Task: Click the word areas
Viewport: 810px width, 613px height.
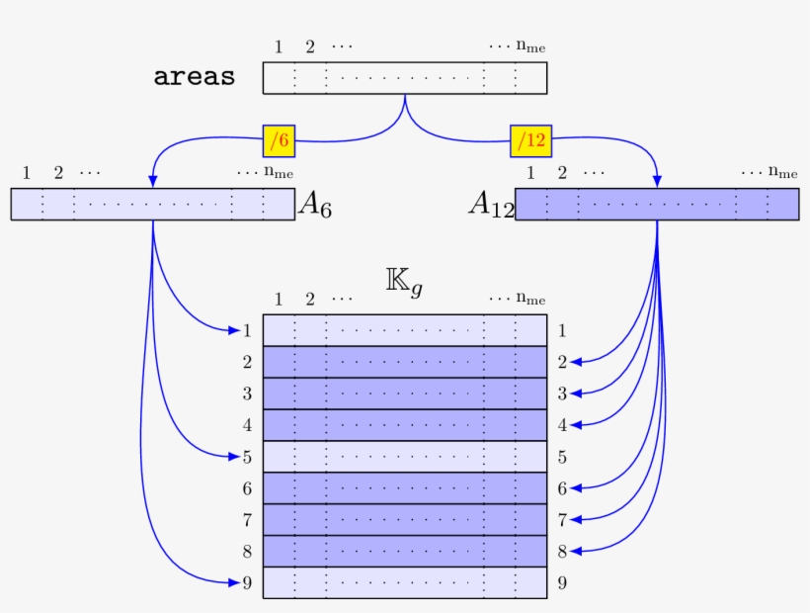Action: point(195,77)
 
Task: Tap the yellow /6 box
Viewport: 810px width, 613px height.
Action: point(279,140)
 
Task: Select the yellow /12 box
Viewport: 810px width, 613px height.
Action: point(530,140)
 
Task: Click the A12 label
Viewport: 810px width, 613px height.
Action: point(491,204)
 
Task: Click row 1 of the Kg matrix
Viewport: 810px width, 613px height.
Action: point(405,330)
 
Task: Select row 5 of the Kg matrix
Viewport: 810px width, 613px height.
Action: point(405,457)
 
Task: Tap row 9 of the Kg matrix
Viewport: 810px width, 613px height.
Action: point(405,582)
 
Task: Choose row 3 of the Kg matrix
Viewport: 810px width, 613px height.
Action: point(405,394)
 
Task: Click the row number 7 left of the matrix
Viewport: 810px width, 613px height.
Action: point(247,520)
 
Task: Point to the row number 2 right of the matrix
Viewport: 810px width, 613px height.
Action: point(562,362)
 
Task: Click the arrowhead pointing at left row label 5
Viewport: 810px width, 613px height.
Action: point(233,457)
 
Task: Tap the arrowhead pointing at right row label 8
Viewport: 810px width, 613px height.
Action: point(576,551)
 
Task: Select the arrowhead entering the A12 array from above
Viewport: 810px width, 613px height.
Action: point(657,180)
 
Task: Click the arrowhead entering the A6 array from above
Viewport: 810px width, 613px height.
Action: point(153,180)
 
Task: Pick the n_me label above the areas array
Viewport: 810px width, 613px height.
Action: point(530,46)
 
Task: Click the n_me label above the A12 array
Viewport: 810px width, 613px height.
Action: point(782,173)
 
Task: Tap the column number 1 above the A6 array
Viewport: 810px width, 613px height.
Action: point(27,173)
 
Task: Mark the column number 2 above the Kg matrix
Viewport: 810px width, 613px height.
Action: point(310,299)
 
